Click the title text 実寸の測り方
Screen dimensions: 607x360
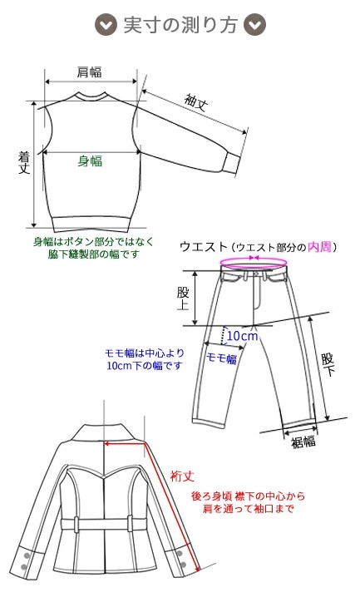(180, 25)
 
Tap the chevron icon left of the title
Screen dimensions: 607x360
(105, 25)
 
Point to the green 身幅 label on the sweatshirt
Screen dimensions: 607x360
(90, 160)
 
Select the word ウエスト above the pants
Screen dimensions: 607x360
(204, 247)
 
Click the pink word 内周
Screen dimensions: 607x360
(319, 247)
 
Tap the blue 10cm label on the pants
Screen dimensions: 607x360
(242, 335)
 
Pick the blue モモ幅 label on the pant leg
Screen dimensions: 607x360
(221, 358)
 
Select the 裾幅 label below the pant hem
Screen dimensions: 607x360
(303, 442)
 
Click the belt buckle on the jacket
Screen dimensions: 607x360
(104, 524)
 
